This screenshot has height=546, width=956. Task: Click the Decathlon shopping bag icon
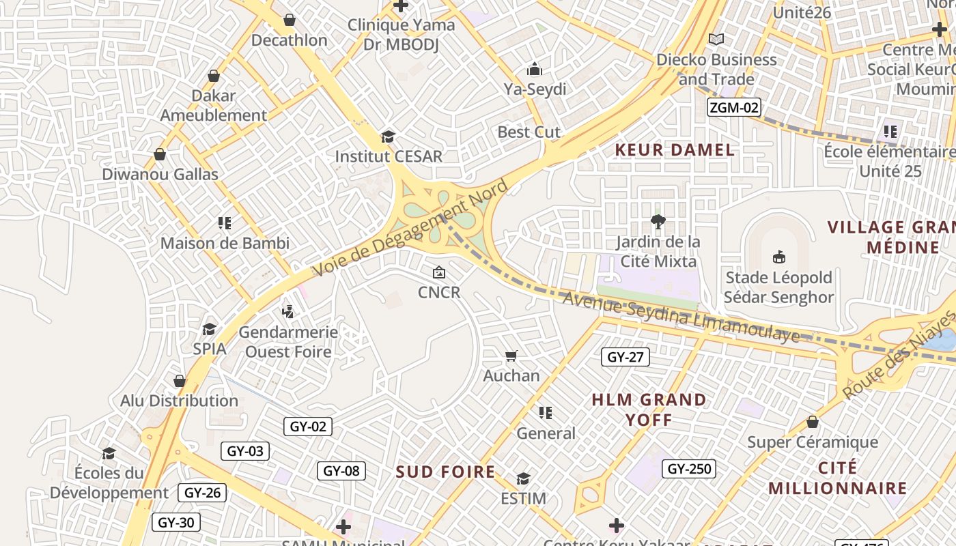click(290, 20)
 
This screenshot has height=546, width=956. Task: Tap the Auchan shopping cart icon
click(511, 356)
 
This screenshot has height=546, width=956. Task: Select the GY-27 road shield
click(625, 357)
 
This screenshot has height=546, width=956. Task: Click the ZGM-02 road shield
click(733, 107)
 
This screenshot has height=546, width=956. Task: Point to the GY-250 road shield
click(689, 469)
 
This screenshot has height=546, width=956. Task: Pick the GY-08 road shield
click(341, 471)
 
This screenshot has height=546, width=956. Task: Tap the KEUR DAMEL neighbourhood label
click(675, 150)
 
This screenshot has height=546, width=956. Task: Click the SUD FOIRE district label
click(446, 472)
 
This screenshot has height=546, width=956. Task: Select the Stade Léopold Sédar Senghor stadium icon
click(778, 257)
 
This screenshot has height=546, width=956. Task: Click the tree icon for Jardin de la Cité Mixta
click(658, 221)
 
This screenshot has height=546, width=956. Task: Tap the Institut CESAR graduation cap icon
click(388, 136)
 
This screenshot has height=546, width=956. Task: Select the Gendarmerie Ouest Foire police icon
click(288, 312)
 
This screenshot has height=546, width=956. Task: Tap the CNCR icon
click(439, 272)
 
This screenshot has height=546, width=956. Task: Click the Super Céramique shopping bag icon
click(813, 422)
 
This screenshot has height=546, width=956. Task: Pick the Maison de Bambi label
click(225, 243)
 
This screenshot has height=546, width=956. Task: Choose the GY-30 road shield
click(176, 523)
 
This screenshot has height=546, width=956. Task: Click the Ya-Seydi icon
click(534, 69)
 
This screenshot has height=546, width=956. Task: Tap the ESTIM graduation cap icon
click(523, 478)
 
